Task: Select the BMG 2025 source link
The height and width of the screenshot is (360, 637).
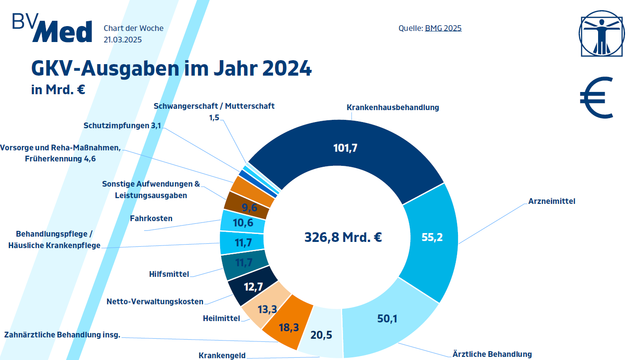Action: pyautogui.click(x=443, y=28)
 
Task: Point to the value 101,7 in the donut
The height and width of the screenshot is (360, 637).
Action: pyautogui.click(x=345, y=148)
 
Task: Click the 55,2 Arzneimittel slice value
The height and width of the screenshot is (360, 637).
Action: pyautogui.click(x=432, y=237)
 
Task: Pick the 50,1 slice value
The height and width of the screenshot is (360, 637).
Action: pyautogui.click(x=387, y=318)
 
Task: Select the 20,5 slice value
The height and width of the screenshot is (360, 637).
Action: pyautogui.click(x=321, y=335)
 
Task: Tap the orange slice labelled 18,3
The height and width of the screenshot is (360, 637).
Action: pyautogui.click(x=289, y=327)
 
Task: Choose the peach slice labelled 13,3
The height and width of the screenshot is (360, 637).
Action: pyautogui.click(x=267, y=309)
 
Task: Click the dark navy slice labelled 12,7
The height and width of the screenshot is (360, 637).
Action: pyautogui.click(x=253, y=287)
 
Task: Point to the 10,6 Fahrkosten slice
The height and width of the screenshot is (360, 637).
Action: pyautogui.click(x=243, y=222)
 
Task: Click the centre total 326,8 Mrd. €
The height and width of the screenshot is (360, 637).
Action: pyautogui.click(x=343, y=237)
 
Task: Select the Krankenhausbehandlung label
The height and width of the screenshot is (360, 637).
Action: pyautogui.click(x=393, y=107)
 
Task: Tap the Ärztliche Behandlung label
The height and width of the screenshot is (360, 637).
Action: pyautogui.click(x=492, y=354)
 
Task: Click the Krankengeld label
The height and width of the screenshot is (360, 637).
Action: pyautogui.click(x=222, y=356)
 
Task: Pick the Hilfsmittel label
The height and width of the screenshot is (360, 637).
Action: pyautogui.click(x=169, y=274)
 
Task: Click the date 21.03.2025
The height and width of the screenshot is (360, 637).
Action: pyautogui.click(x=122, y=39)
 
